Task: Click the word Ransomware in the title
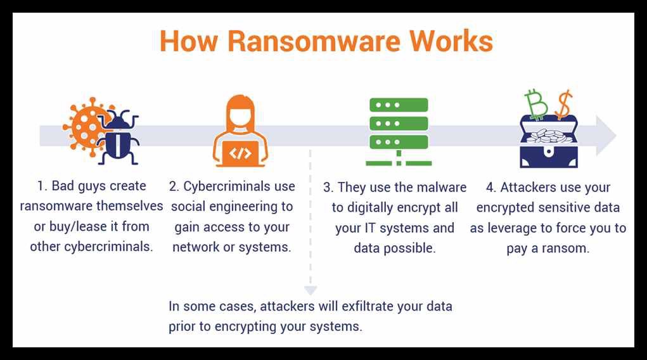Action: point(314,41)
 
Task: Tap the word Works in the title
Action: point(451,41)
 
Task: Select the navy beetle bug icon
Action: point(119,137)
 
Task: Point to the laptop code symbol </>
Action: point(240,153)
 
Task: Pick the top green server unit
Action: point(399,105)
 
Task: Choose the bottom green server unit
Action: point(399,142)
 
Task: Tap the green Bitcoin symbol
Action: point(536,105)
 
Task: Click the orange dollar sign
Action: point(563,104)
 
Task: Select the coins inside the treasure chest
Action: point(548,136)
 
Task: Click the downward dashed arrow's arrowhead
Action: point(311,290)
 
